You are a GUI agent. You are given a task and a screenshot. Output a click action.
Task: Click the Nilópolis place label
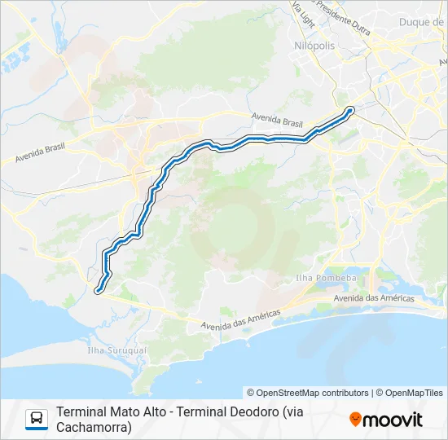[314, 46]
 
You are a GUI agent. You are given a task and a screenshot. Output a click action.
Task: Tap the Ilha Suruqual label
[116, 350]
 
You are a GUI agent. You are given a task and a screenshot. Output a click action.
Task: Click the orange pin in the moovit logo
[355, 419]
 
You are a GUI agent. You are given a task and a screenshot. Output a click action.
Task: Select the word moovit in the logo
[393, 420]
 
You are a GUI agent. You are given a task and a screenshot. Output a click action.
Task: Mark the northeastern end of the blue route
[351, 109]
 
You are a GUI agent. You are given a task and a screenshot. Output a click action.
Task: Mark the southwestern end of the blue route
[99, 289]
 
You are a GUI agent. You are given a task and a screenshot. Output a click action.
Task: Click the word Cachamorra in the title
[94, 426]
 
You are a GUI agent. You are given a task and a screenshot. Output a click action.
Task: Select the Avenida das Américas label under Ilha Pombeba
[374, 298]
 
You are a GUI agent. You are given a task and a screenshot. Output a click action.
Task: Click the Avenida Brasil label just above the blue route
[278, 120]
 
